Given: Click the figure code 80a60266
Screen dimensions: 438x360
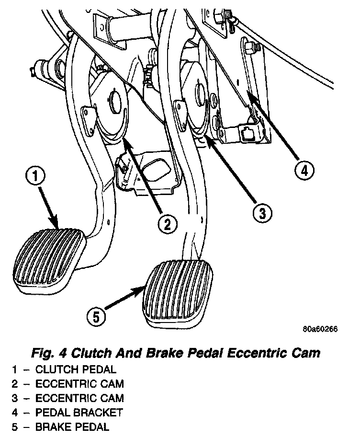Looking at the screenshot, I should [321, 330].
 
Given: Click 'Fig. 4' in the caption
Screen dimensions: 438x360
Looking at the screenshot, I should [48, 354].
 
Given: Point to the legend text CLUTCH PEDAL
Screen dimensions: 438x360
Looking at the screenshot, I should [76, 369].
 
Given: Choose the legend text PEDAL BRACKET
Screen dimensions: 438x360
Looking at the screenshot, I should [79, 412].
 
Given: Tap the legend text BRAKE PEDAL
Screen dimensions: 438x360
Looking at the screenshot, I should [72, 426].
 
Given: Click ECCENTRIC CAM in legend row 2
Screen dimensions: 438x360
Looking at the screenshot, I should [79, 384].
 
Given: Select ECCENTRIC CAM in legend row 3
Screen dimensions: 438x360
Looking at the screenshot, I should [79, 398].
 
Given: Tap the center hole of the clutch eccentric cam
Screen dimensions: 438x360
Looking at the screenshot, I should [114, 101].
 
